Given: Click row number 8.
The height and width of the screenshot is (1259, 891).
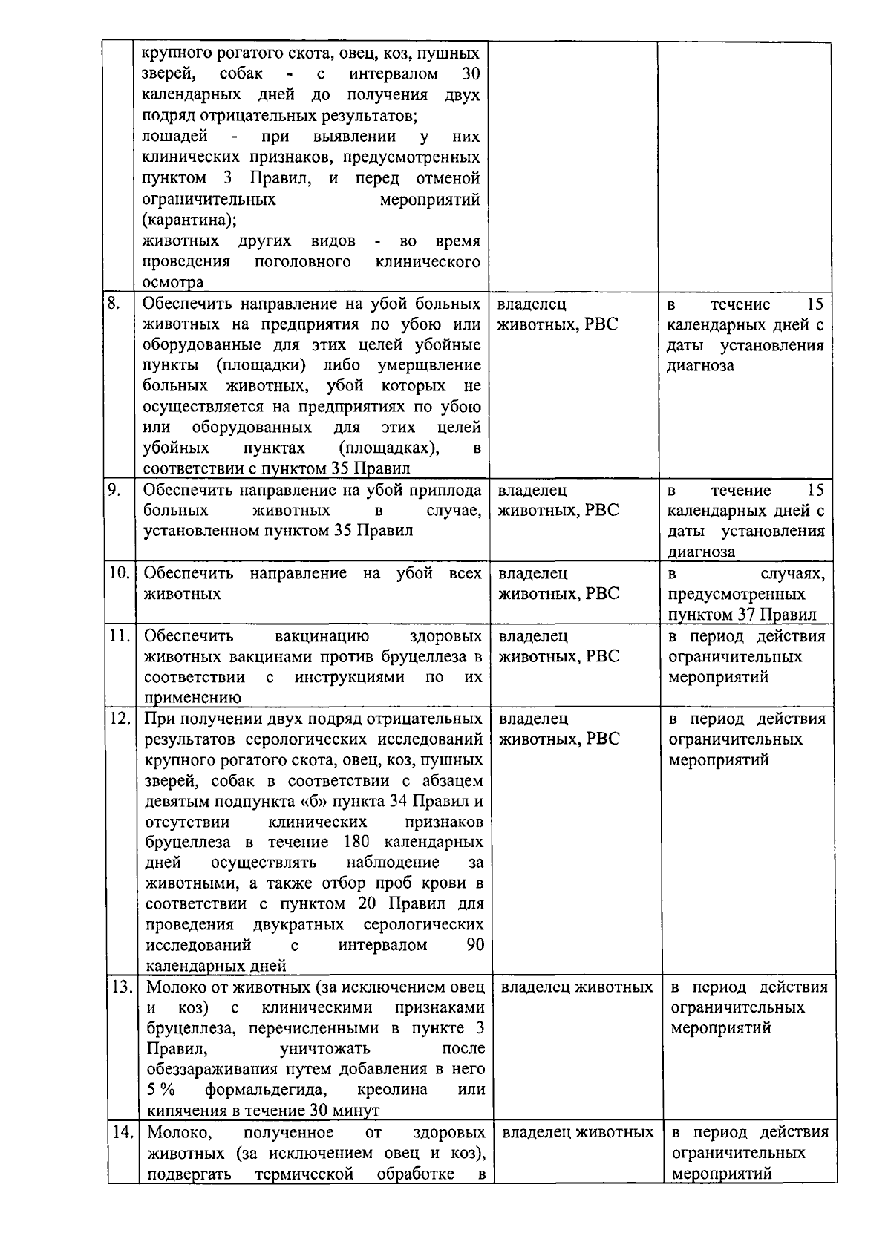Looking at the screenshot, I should click(114, 304).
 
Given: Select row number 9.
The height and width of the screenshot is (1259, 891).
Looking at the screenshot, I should click(114, 490).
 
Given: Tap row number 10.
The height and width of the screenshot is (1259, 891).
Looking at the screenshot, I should click(119, 573).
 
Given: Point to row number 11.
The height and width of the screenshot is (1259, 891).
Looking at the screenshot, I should click(120, 636).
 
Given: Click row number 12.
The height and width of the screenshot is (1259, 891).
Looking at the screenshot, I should click(120, 719).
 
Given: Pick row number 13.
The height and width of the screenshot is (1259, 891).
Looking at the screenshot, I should click(121, 987).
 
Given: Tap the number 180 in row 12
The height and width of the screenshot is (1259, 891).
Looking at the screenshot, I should click(357, 842).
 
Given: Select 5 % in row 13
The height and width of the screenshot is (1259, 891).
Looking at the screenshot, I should click(161, 1090).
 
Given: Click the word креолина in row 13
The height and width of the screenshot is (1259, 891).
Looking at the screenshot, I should click(392, 1090).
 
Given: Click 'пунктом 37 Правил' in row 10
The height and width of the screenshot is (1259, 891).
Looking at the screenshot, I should click(742, 615).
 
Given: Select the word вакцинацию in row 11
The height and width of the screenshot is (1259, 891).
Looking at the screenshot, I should click(322, 636).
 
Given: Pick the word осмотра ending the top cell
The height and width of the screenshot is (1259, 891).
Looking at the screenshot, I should click(172, 283).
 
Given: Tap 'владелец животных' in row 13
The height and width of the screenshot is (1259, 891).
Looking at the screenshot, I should click(577, 987).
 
